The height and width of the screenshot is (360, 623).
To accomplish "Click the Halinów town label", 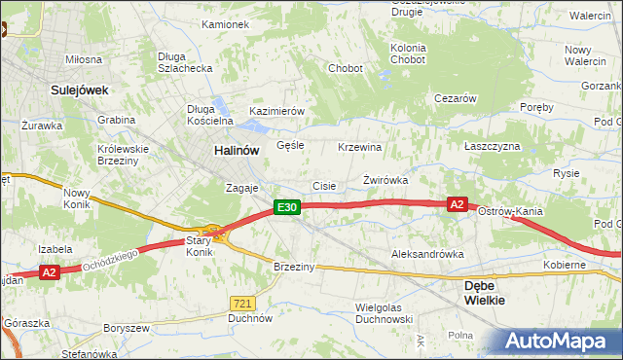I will tap(237, 151).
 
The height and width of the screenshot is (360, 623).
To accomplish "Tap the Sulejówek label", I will tap(79, 90).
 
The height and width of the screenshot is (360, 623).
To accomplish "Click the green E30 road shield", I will tap(285, 207).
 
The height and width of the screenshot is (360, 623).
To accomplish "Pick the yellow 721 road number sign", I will tap(243, 304).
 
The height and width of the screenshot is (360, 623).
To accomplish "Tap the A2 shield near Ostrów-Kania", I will tap(458, 204).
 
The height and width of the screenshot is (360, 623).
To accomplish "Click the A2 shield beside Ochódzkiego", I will tap(50, 273).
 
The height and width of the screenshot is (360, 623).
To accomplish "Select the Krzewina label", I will tap(359, 147).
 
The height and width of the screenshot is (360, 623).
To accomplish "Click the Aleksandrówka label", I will tap(426, 254).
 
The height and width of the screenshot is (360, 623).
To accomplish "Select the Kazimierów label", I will tap(277, 112).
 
